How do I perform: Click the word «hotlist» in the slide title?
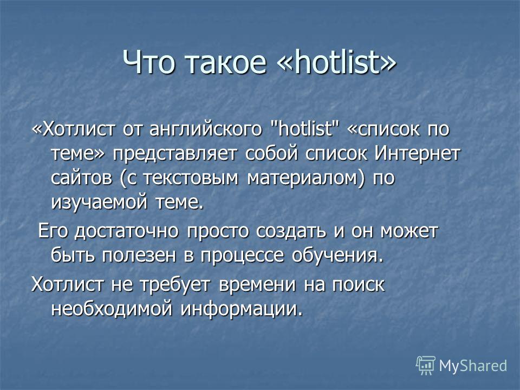[x=336, y=62]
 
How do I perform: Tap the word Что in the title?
[x=148, y=62]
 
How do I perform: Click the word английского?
[x=206, y=129]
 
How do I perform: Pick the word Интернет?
[x=418, y=153]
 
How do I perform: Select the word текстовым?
[x=191, y=178]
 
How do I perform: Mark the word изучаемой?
[x=99, y=202]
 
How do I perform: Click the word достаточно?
[x=126, y=231]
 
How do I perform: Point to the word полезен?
[x=139, y=256]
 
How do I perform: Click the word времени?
[x=257, y=285]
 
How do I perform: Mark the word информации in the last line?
[x=242, y=309]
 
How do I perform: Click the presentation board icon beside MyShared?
[x=426, y=365]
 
